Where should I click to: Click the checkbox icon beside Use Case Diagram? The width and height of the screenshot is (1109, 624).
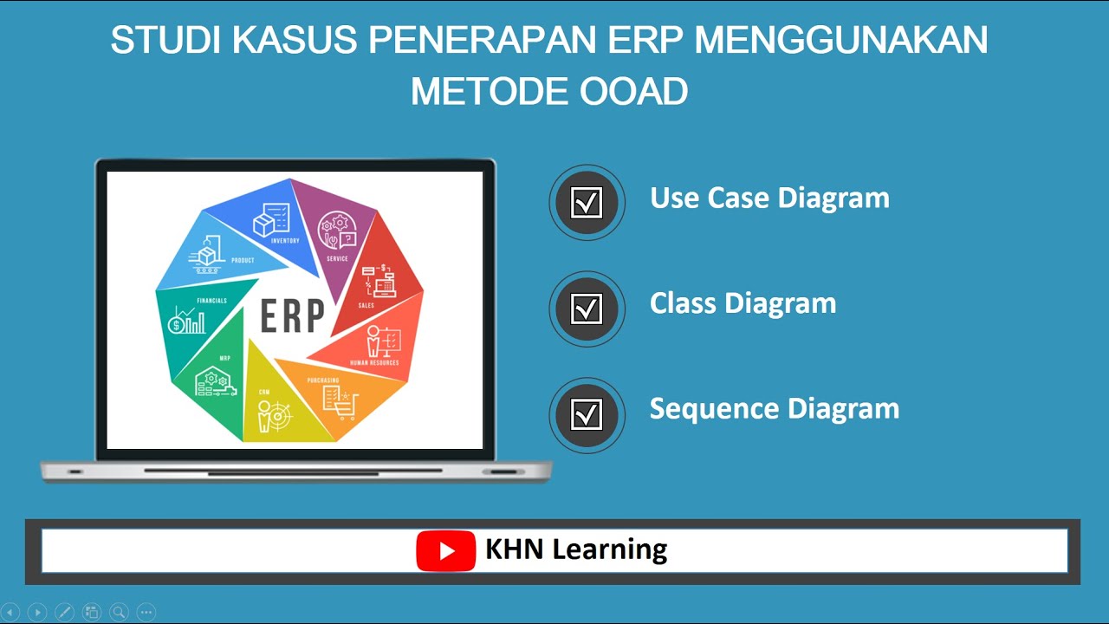587,203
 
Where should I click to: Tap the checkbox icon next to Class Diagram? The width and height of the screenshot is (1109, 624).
587,309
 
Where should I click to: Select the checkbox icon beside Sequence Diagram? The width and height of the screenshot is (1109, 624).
587,414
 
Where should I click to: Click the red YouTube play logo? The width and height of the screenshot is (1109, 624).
446,551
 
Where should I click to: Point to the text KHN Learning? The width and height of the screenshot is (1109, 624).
576,549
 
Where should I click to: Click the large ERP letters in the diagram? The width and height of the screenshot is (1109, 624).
292,316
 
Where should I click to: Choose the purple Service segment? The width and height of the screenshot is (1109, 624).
334,234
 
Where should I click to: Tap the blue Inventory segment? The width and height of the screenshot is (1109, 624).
273,221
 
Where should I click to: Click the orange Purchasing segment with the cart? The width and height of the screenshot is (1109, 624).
342,399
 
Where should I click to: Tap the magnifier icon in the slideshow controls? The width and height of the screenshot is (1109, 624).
119,612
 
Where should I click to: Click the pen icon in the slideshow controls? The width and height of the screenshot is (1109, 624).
64,612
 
